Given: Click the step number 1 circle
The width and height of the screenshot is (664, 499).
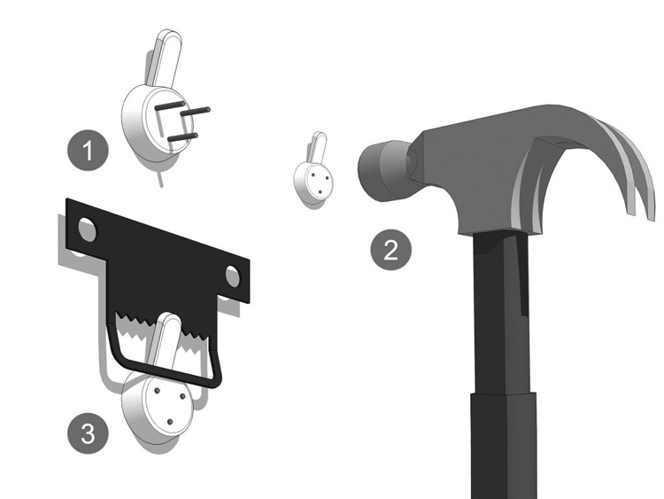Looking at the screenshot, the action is click(88, 150).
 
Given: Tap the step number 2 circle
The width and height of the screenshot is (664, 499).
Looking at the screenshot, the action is click(390, 250).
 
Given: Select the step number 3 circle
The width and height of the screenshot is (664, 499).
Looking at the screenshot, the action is click(88, 433).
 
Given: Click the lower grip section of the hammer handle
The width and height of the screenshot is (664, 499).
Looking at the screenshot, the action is click(504, 445).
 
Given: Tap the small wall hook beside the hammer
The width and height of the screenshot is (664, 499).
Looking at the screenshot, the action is click(313, 172).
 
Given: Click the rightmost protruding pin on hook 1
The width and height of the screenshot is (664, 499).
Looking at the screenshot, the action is click(196, 112).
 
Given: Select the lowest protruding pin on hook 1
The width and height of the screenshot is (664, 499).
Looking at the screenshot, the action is click(183, 137).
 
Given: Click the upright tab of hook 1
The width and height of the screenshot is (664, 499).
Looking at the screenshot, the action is click(166, 58).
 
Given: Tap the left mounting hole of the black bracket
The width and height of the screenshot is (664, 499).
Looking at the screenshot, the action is click(88, 230).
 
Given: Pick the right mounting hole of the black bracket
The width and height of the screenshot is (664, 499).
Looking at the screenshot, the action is click(233, 276).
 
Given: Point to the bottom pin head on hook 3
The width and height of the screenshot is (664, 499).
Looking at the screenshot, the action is click(170, 422).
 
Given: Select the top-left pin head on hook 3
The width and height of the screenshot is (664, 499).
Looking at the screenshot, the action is click(157, 390).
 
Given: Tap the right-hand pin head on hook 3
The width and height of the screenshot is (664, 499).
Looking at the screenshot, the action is click(183, 396).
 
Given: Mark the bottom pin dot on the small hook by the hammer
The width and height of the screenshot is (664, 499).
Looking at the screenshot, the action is click(320, 193).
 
